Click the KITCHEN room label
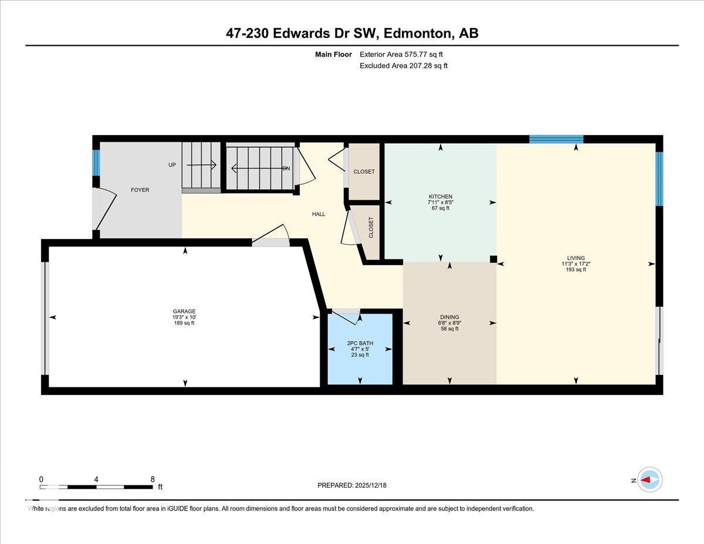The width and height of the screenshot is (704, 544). (x=440, y=197)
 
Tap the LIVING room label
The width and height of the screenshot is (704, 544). (x=576, y=258)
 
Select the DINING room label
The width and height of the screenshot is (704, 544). (x=449, y=317)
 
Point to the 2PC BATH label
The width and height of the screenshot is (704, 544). (x=360, y=343)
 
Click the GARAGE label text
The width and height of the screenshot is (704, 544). (x=184, y=312)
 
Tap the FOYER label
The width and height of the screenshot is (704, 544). (x=140, y=190)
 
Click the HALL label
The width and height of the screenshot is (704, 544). (x=319, y=214)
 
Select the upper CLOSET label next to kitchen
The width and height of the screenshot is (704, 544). (x=364, y=172)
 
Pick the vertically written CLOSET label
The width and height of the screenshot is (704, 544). (x=371, y=228)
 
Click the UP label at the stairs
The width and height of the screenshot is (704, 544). (x=172, y=165)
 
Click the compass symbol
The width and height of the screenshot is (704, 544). (x=649, y=479)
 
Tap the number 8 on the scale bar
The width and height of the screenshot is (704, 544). (x=153, y=479)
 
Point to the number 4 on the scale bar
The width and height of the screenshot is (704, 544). (x=96, y=479)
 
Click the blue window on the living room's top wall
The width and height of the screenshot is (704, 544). (x=556, y=139)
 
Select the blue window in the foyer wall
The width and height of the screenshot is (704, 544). (x=96, y=163)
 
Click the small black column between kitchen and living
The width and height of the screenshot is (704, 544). (x=493, y=259)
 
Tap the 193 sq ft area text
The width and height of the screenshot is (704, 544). (x=573, y=270)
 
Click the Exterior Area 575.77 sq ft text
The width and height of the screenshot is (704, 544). (x=401, y=55)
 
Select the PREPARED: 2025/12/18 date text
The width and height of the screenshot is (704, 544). (x=352, y=485)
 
